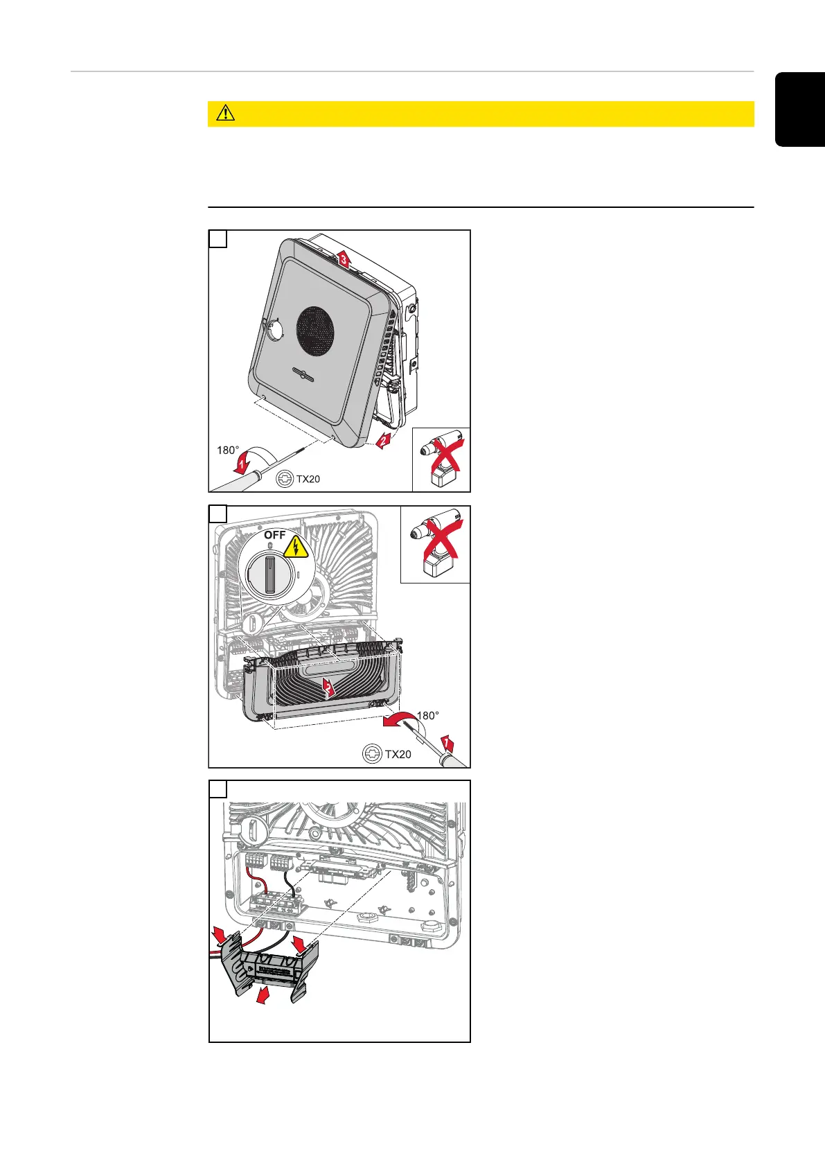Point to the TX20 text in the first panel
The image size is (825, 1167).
(308, 479)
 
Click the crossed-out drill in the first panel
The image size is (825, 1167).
(441, 459)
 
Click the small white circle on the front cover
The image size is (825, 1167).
(276, 330)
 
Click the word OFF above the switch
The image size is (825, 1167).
(275, 536)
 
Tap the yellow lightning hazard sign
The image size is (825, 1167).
(295, 547)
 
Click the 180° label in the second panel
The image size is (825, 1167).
(427, 716)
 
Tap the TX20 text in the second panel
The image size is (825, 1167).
(398, 754)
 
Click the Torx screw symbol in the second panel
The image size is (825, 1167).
(373, 754)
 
